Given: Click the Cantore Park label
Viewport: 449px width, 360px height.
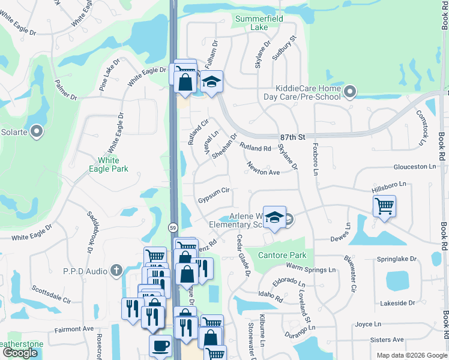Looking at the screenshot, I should [282, 255].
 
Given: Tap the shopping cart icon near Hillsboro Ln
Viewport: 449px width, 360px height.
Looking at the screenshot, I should [384, 206].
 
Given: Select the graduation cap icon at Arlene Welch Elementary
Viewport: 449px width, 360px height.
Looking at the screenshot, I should [274, 217].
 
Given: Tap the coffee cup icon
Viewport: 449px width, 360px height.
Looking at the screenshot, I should [160, 346].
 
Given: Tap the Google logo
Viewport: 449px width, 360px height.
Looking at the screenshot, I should [20, 353].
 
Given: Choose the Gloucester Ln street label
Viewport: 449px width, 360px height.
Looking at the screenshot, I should [415, 166].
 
